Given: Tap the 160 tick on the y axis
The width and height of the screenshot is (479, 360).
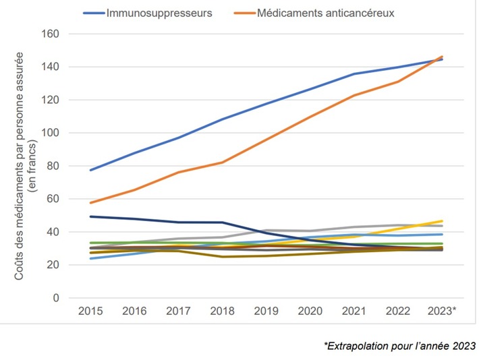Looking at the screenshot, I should [51, 34].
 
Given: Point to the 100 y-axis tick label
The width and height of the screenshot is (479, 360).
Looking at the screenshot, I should [51, 133].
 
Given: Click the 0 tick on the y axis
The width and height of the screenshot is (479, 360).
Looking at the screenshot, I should [57, 298].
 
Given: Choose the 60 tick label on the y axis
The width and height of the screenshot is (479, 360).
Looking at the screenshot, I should [53, 199].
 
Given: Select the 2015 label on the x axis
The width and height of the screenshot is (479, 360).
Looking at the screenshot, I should [90, 311].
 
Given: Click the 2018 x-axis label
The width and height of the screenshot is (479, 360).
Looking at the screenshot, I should [222, 311].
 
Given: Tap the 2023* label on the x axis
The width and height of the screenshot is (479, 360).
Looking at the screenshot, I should [443, 311].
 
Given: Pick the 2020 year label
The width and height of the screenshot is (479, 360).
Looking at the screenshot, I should [310, 311].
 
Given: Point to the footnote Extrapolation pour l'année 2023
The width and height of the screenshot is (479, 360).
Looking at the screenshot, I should [399, 346].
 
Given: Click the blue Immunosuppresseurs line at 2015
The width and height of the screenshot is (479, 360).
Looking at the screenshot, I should [90, 170].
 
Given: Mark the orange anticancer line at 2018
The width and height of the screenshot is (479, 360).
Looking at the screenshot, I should [222, 162].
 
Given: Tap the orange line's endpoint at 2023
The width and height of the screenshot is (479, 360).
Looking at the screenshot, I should [442, 57].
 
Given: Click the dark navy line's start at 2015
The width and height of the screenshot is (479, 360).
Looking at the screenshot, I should [90, 216].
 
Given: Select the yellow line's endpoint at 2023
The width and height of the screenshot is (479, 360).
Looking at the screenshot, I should [442, 221].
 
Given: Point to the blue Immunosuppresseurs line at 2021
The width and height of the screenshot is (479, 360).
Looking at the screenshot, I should [354, 73].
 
